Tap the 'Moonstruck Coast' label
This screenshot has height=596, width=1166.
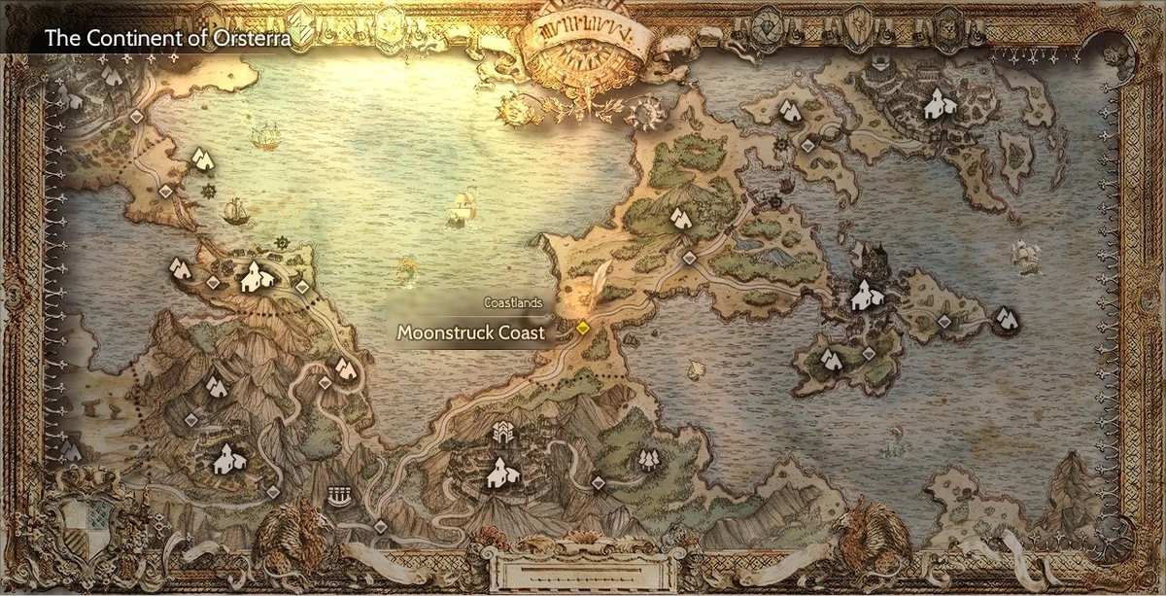click(x=471, y=333)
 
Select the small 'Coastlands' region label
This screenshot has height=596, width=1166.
click(x=512, y=302)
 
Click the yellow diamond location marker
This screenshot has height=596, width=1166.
click(x=582, y=328)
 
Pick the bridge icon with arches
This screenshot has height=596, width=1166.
click(x=339, y=495)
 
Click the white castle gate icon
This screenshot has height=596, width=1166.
click(x=502, y=432)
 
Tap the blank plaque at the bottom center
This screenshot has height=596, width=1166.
click(x=581, y=569)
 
